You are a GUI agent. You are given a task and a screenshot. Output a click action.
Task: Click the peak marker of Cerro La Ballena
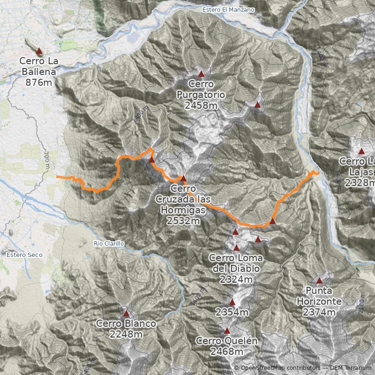point(39,52)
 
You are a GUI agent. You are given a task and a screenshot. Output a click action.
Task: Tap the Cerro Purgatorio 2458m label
point(201,95)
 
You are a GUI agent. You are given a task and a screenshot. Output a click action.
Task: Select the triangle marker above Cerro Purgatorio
point(201,74)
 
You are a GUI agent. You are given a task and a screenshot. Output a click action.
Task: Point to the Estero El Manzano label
point(228,9)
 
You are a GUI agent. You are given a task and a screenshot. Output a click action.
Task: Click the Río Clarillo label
point(109,244)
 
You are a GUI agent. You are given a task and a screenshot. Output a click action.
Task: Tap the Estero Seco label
point(24,255)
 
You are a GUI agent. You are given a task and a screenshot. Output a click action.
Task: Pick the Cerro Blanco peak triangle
point(126,313)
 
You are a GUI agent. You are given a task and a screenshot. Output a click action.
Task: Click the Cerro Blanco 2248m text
point(126,329)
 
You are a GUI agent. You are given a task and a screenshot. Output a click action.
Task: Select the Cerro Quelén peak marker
point(227,330)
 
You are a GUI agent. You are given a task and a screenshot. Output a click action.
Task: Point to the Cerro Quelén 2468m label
point(227,346)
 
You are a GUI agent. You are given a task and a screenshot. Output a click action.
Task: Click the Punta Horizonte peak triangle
point(320,281)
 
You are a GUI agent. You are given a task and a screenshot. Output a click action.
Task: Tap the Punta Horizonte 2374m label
point(319,307)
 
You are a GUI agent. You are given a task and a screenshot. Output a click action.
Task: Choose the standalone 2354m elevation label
point(232,312)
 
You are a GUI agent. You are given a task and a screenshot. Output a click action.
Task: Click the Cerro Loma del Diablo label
point(236,269)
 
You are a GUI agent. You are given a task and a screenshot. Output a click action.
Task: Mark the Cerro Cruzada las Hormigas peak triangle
point(183,178)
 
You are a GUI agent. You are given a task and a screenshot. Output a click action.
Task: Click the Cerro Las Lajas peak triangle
point(361,151)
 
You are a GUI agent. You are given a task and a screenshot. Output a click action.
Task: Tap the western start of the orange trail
point(57,177)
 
